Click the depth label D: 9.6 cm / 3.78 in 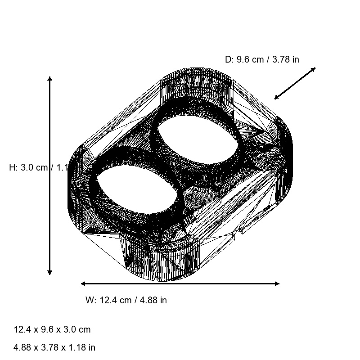[262, 59]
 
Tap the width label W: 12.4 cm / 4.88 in [126, 300]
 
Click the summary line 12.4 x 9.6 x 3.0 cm [52, 329]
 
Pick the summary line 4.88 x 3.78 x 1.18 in [54, 347]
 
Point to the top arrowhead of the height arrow [50, 79]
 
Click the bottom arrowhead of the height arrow [50, 272]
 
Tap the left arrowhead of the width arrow [83, 283]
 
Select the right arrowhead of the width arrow [277, 283]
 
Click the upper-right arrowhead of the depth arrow [314, 69]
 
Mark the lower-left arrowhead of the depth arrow [276, 98]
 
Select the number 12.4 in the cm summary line [22, 329]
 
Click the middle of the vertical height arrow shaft [50, 175]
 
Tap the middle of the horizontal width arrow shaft [180, 283]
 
